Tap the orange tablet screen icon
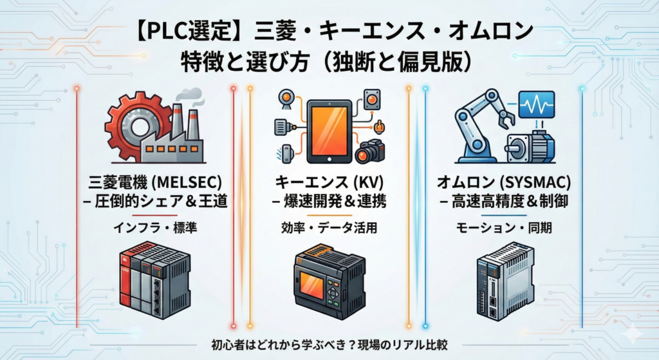(329, 131)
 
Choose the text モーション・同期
(502, 228)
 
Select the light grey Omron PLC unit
(502, 283)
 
